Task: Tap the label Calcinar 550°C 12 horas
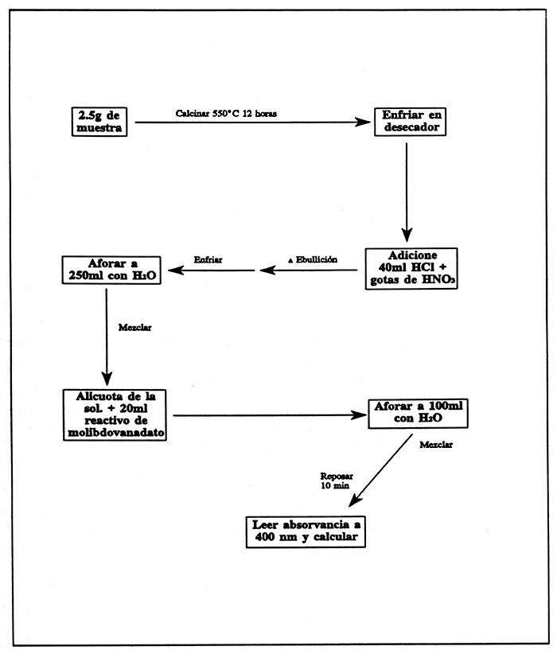click(x=227, y=113)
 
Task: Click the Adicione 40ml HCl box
click(x=411, y=268)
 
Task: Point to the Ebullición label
click(x=312, y=260)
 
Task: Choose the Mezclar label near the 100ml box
click(x=436, y=445)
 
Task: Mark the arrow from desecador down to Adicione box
click(x=407, y=191)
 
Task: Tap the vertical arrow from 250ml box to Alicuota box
click(x=106, y=334)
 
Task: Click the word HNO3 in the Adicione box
click(x=434, y=280)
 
